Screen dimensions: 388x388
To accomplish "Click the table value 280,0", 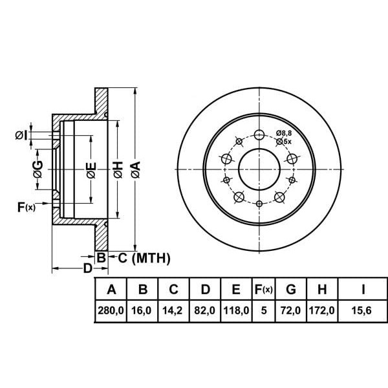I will coord(111,311).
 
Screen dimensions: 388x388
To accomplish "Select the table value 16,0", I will coord(142,311).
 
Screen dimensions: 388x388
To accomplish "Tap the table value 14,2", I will coord(173,311).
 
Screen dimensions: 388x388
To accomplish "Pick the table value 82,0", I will coord(204,311).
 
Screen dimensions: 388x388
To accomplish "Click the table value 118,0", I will coord(236,311).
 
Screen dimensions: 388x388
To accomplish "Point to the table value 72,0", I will coord(291,311).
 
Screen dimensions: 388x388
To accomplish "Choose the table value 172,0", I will coord(323,311).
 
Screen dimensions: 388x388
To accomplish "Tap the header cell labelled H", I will coord(323,289).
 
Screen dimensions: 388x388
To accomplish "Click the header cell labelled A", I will coord(111,289).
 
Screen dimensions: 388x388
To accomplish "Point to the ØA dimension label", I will coord(135,169).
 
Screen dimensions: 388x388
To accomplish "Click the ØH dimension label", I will coord(118,169).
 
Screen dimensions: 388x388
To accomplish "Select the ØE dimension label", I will coord(92,170).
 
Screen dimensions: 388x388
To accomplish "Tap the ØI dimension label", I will coord(21,135).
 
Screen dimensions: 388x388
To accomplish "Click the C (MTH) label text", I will coord(143,259).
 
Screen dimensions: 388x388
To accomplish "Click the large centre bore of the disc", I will coord(259,170).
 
